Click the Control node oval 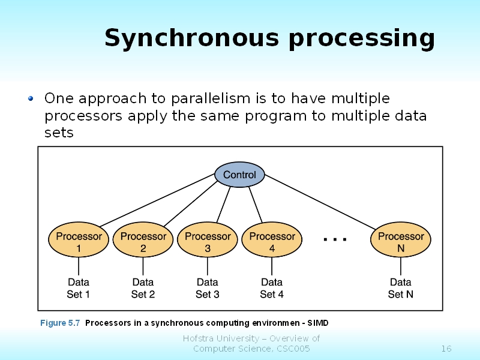[x=239, y=175]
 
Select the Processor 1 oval [x=79, y=242]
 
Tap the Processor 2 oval [x=143, y=242]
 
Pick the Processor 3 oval [x=208, y=242]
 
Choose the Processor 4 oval [x=272, y=242]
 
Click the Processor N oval [x=401, y=242]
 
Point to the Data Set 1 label [x=79, y=288]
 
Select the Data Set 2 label [x=143, y=288]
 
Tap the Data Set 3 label [x=208, y=288]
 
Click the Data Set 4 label [x=272, y=288]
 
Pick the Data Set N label [x=401, y=288]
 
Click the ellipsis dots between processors [x=335, y=239]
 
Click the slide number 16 [x=446, y=349]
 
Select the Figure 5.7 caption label [x=60, y=323]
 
